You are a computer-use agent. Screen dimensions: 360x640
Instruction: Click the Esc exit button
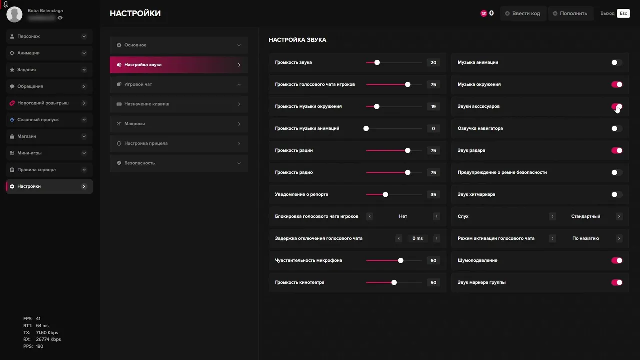point(623,13)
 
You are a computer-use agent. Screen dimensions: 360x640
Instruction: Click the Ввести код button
point(522,13)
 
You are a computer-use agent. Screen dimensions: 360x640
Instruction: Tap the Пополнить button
point(570,13)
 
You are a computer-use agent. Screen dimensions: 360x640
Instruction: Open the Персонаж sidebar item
point(49,36)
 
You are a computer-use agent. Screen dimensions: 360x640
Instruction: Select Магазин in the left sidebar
point(49,136)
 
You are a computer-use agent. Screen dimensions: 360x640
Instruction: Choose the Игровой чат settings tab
point(178,84)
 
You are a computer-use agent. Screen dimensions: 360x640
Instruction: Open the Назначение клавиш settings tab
point(178,104)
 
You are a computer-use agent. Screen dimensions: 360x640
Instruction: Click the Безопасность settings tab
point(178,163)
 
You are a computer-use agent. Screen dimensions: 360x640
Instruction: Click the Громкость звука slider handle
point(377,62)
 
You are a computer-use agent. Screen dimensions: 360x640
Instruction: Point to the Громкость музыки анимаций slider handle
point(366,128)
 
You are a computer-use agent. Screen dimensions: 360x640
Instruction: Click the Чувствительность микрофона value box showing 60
point(433,260)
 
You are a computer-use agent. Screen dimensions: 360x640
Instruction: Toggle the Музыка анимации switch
point(617,62)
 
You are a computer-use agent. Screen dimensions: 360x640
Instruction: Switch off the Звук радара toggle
point(617,150)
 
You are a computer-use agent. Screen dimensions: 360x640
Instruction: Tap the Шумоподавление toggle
point(617,260)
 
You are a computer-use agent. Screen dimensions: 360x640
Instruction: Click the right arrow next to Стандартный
point(619,216)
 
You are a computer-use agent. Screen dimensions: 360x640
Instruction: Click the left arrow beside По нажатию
point(552,238)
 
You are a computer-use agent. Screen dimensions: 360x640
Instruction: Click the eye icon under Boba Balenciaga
point(60,18)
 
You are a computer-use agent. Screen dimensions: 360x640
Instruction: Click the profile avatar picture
point(14,14)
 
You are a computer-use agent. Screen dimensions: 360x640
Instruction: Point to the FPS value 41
point(38,319)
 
